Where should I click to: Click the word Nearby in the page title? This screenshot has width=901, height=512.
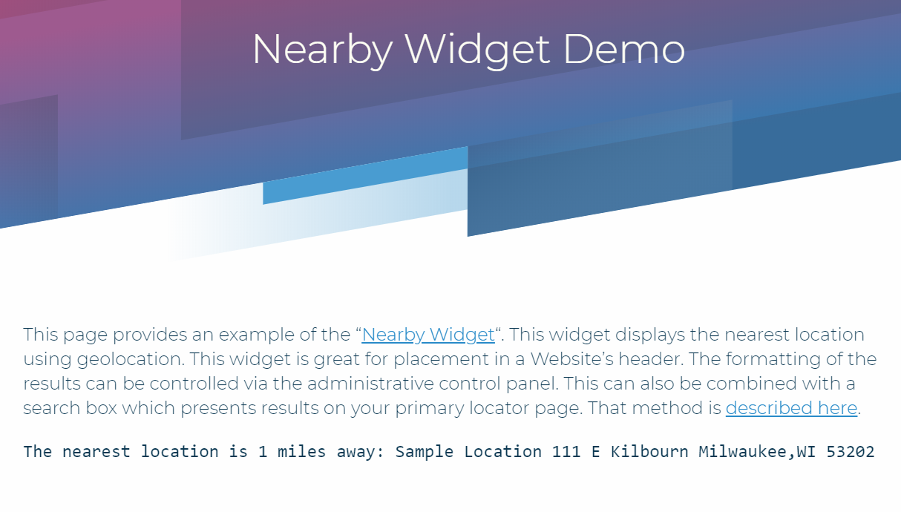pyautogui.click(x=323, y=50)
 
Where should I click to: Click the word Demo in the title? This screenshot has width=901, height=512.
pyautogui.click(x=624, y=49)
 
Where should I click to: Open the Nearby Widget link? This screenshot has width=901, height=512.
pyautogui.click(x=428, y=335)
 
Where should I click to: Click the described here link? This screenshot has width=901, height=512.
pyautogui.click(x=791, y=408)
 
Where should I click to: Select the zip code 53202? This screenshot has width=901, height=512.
pyautogui.click(x=851, y=452)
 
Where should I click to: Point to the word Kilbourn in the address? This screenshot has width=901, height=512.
pyautogui.click(x=649, y=452)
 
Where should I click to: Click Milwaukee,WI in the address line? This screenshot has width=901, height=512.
pyautogui.click(x=757, y=452)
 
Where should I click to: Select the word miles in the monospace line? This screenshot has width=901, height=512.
pyautogui.click(x=301, y=452)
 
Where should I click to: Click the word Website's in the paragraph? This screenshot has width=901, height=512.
pyautogui.click(x=571, y=359)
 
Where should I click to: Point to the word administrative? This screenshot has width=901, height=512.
pyautogui.click(x=370, y=384)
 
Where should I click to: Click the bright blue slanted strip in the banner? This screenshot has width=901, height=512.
pyautogui.click(x=365, y=176)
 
